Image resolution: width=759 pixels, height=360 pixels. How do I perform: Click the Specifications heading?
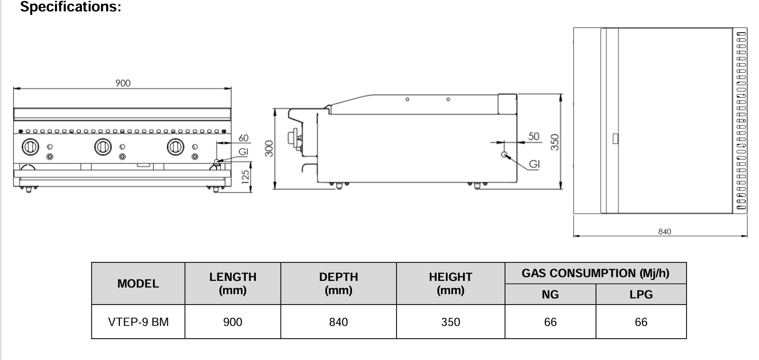(x=71, y=7)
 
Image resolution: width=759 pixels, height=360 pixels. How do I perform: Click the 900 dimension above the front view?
(x=123, y=83)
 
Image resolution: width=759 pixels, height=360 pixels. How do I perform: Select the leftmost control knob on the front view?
(x=30, y=146)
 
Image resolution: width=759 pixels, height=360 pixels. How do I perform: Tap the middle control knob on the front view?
(x=102, y=146)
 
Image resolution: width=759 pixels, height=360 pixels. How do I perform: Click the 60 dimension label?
(x=243, y=138)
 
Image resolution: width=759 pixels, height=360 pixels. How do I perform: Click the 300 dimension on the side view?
(x=269, y=148)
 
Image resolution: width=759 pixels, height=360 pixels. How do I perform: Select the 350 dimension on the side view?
(x=555, y=142)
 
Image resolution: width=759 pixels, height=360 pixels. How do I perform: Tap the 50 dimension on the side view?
(x=533, y=136)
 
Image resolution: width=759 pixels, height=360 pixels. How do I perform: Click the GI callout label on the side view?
(x=534, y=164)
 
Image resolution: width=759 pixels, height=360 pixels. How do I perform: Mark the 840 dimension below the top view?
(x=665, y=232)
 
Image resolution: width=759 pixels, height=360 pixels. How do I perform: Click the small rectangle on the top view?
(x=615, y=138)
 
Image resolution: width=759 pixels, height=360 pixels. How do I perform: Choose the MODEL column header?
(x=138, y=283)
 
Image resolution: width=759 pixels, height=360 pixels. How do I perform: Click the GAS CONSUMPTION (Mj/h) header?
(x=595, y=273)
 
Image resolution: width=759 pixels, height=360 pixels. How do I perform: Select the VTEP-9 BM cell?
(x=138, y=322)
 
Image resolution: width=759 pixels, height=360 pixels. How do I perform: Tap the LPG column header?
(x=641, y=295)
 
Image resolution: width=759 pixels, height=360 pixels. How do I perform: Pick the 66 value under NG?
(x=550, y=322)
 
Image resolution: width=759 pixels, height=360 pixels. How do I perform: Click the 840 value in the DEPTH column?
(x=338, y=322)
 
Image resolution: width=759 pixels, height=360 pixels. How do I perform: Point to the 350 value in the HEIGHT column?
(x=450, y=322)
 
